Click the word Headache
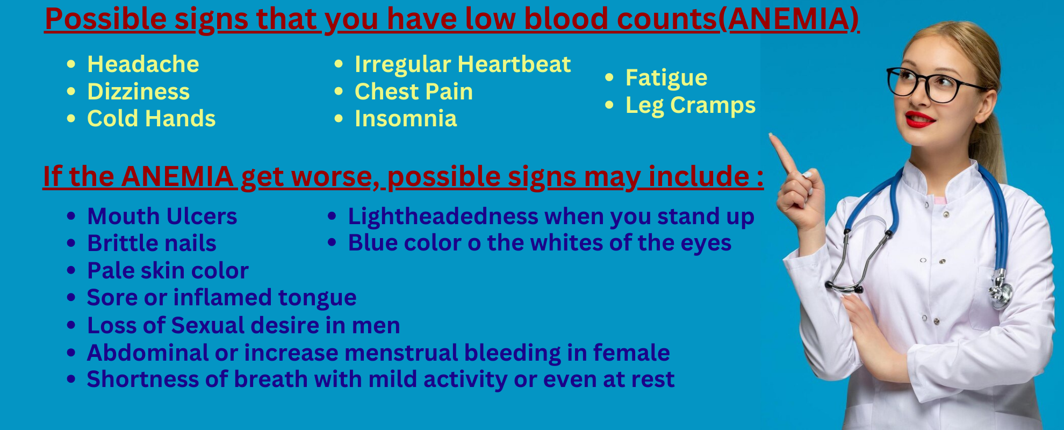(143, 64)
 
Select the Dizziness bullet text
(139, 91)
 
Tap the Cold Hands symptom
(152, 118)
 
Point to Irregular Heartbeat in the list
(463, 64)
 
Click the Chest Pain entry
(414, 91)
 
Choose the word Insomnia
(406, 118)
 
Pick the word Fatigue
(666, 78)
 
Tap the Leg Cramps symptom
(691, 106)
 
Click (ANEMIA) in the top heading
(789, 19)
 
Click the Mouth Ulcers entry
(162, 216)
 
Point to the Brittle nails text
(152, 243)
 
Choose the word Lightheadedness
(443, 217)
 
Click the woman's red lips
(919, 119)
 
